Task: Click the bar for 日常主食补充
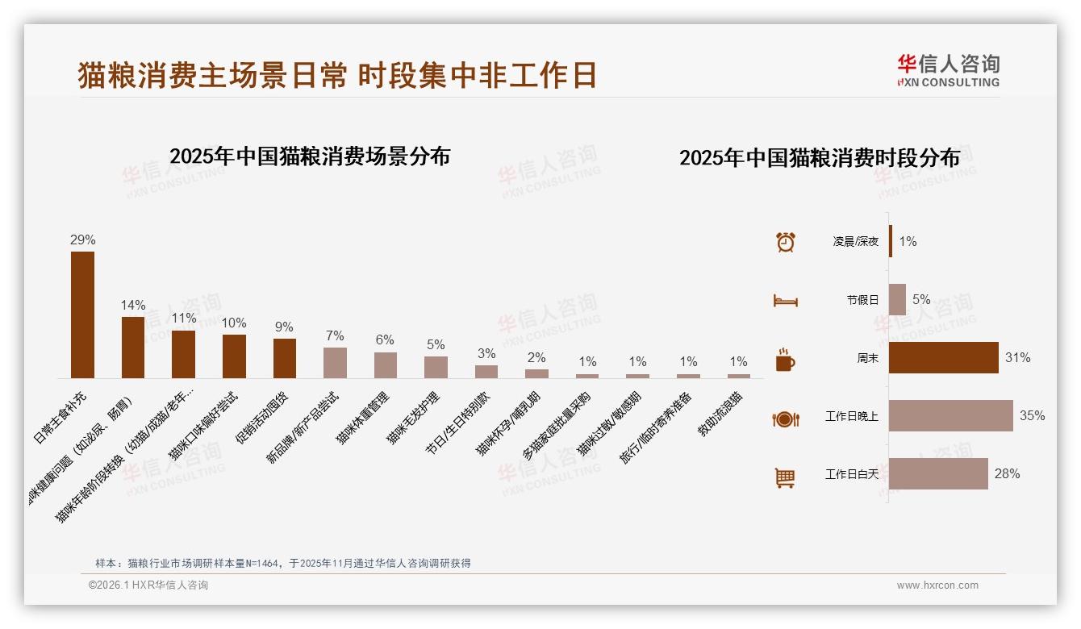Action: coord(82,314)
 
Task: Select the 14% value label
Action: coord(133,305)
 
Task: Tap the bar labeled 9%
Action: coord(285,358)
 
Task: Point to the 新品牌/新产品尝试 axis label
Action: coord(303,428)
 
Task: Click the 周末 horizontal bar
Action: coord(943,357)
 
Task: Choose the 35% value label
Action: coord(1032,415)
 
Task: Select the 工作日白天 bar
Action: coord(938,473)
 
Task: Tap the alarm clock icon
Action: coord(785,241)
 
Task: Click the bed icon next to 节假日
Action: coord(785,300)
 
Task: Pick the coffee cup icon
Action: coord(785,359)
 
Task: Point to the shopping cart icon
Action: coord(785,477)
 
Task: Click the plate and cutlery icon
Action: coord(785,419)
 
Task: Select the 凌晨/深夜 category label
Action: coord(856,241)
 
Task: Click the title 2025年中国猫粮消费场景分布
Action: coord(310,156)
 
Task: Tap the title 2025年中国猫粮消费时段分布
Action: coord(820,158)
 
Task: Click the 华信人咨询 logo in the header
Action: coord(948,70)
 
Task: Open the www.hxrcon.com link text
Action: coord(937,585)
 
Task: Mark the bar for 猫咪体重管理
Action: coord(386,365)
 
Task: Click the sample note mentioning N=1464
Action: coord(283,563)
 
